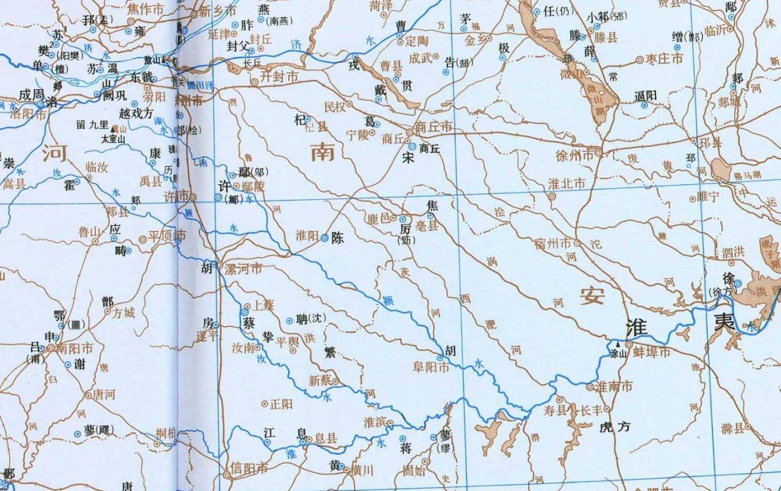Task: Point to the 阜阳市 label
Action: [431, 368]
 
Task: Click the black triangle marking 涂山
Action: [617, 344]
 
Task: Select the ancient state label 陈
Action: [338, 238]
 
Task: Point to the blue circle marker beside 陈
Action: [325, 238]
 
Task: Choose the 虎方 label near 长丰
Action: [615, 427]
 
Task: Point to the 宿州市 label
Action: [553, 243]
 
